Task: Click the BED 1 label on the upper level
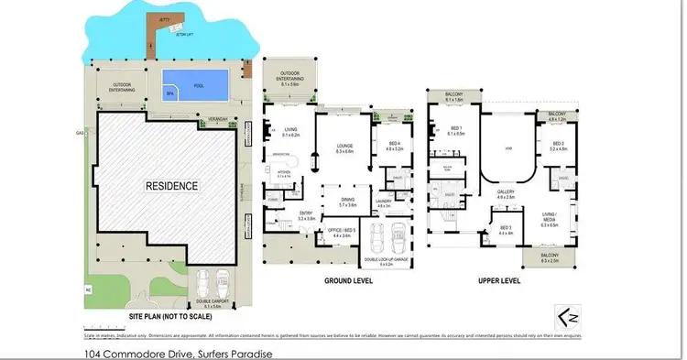(455, 128)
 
